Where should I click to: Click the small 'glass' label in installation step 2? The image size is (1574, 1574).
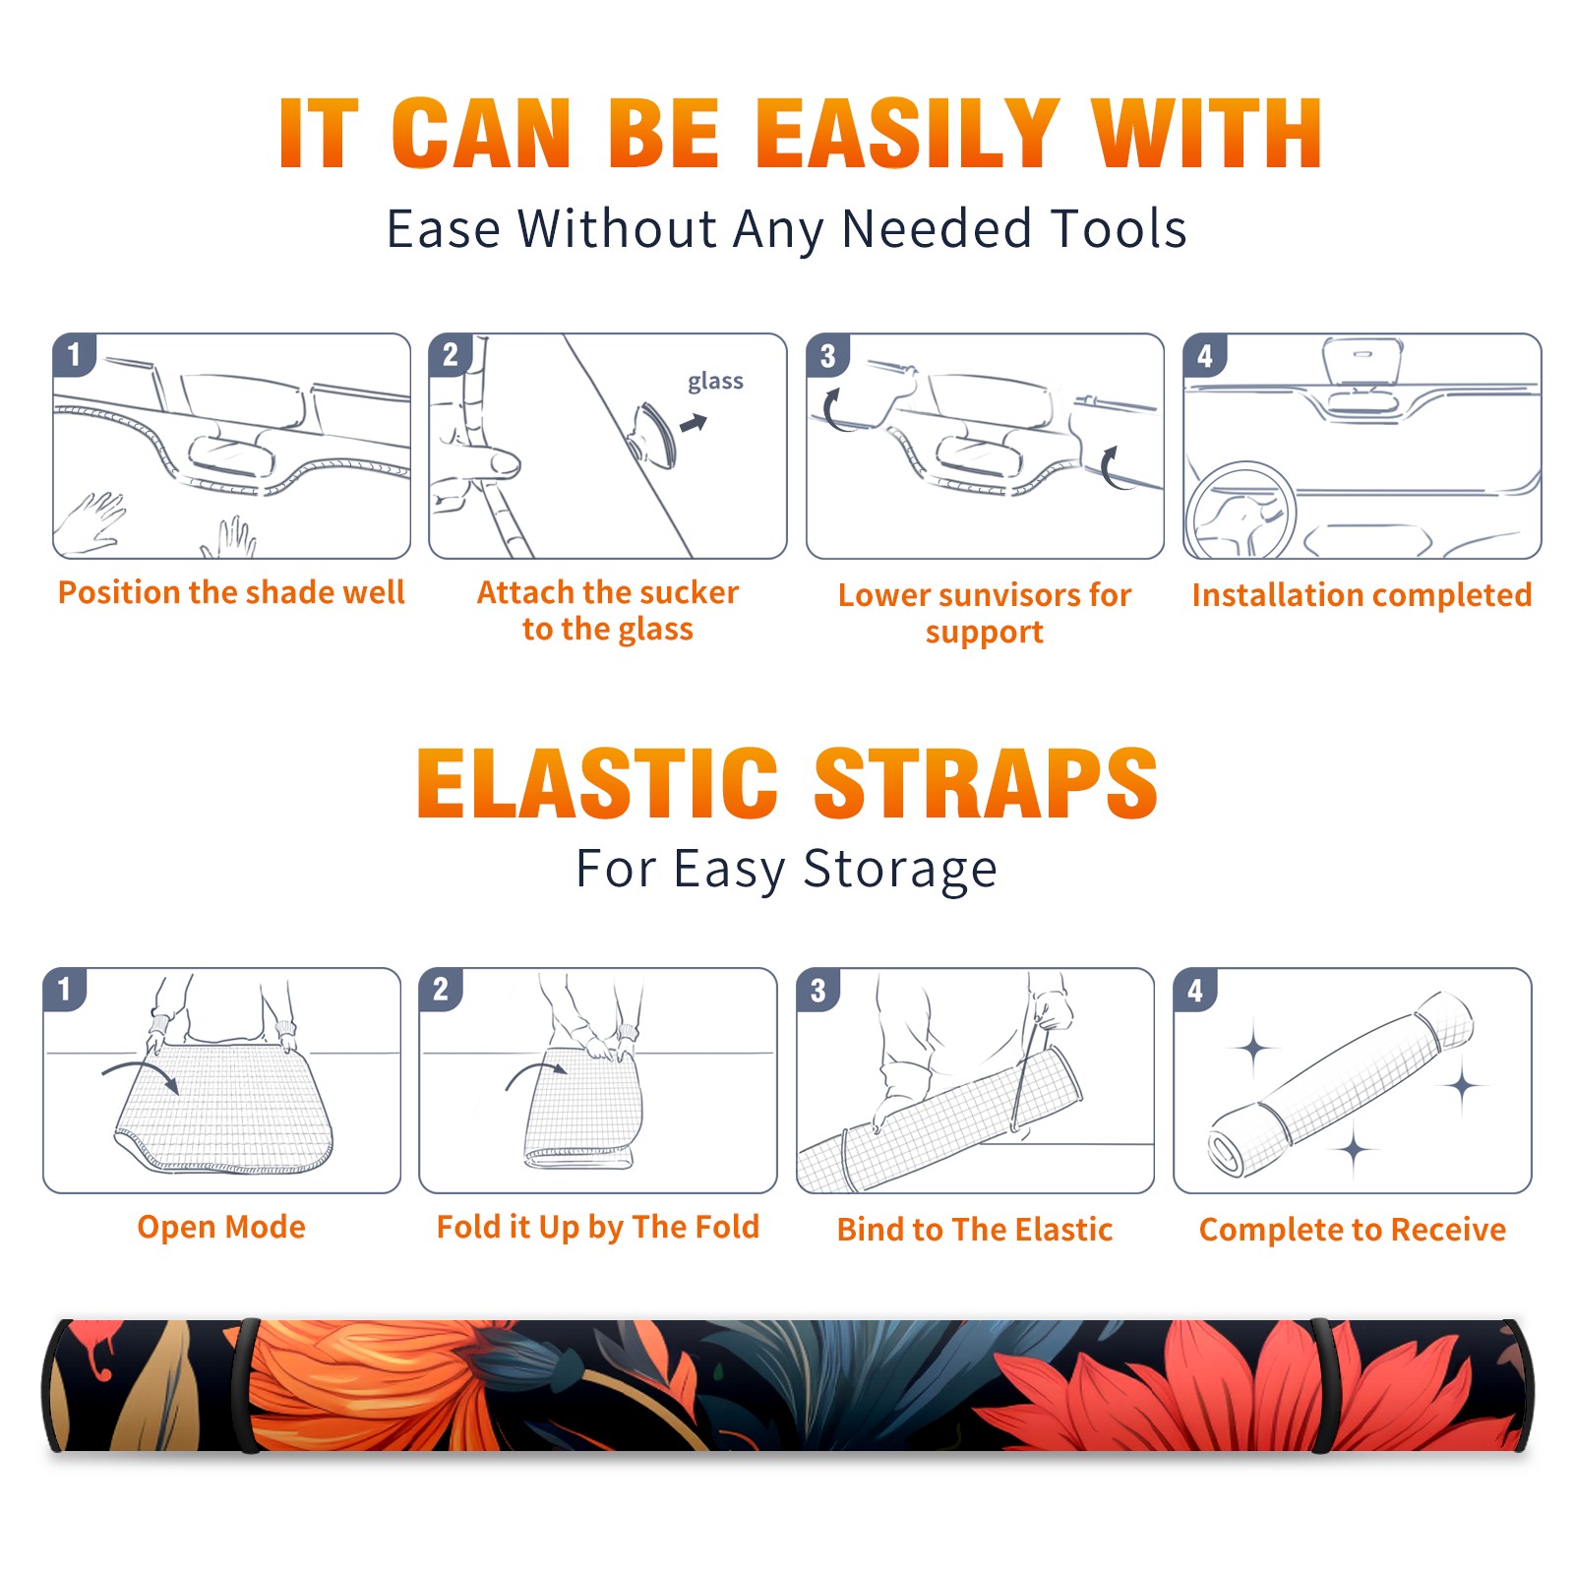[715, 382]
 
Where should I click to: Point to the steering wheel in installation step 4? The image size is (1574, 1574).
[1241, 510]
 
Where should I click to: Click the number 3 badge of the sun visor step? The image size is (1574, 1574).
[827, 355]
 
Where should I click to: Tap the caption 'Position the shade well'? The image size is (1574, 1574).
[231, 592]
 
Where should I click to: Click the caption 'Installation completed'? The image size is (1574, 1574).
[1362, 595]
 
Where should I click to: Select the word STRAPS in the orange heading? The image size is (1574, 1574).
[986, 783]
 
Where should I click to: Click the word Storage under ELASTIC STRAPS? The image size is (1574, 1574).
[900, 871]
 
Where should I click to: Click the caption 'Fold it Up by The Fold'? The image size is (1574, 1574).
[598, 1227]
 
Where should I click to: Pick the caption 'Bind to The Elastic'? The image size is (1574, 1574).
[975, 1230]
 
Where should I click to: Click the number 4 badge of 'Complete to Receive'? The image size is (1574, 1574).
[1195, 990]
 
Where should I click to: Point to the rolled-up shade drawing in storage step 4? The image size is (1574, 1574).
[1341, 1084]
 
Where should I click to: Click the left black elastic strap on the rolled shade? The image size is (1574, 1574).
[246, 1385]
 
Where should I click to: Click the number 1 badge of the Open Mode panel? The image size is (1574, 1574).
[65, 990]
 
